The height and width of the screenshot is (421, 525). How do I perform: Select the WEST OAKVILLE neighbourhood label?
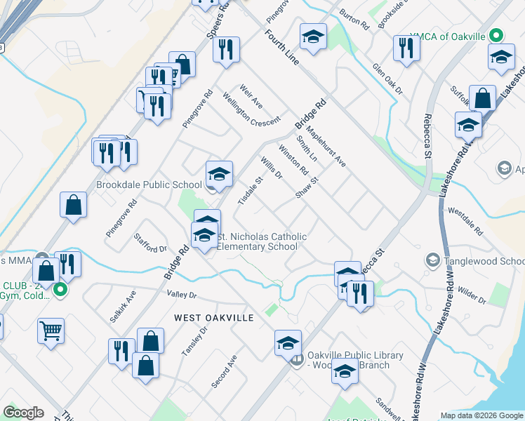(x=213, y=318)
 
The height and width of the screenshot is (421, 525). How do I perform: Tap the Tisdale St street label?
(x=250, y=190)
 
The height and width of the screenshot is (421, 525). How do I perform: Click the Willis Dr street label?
(x=271, y=168)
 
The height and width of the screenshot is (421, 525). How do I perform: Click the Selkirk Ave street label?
(x=122, y=307)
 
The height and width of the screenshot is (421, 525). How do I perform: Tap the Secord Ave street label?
(x=224, y=371)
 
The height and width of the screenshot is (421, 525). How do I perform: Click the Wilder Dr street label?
(x=472, y=294)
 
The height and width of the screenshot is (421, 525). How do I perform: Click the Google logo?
(x=23, y=413)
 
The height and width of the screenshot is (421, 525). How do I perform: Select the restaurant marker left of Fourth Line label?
(x=226, y=49)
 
